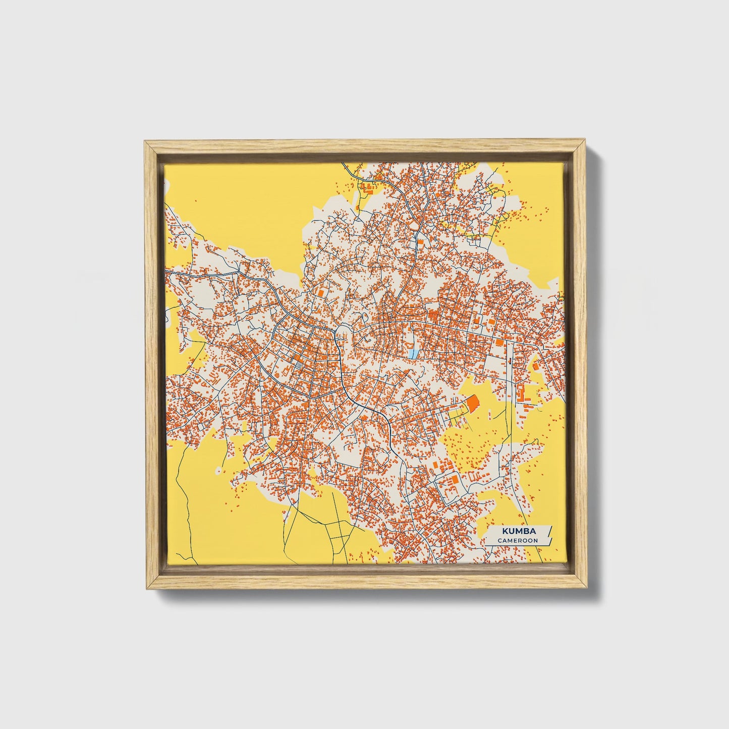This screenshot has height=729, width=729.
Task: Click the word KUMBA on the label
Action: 518,531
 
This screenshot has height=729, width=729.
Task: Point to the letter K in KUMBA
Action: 504,531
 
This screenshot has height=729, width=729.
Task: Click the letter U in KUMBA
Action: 511,531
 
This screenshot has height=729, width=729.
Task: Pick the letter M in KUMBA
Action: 519,531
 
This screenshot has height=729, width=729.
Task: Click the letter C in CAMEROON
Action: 500,540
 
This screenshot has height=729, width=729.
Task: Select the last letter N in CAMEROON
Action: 536,540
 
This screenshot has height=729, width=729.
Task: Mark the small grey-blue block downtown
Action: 299,364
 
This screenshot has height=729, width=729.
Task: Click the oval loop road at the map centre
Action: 341,332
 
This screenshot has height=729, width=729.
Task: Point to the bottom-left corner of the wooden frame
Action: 145,589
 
